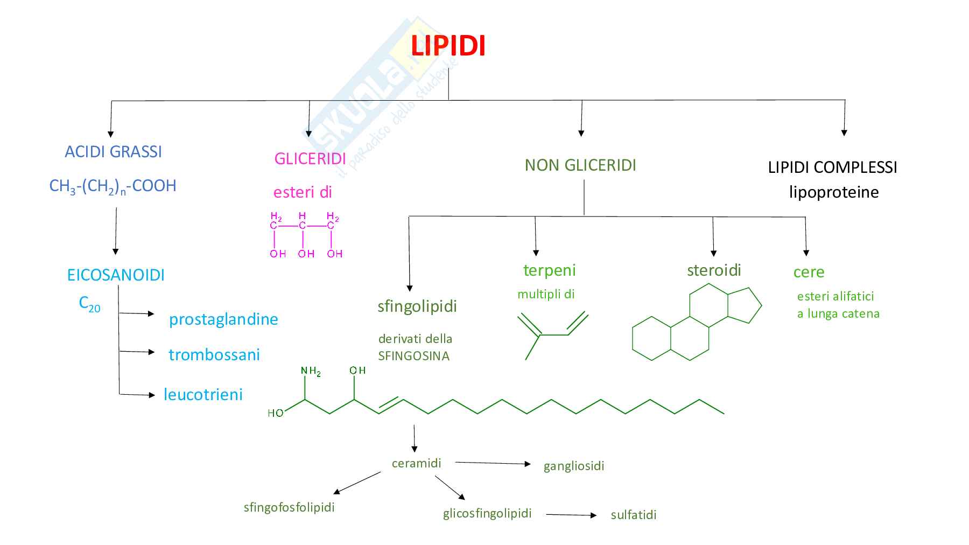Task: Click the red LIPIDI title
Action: [x=448, y=46]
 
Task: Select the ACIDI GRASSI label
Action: [x=113, y=152]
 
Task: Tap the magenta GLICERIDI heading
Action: [x=310, y=158]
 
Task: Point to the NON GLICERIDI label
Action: [x=580, y=165]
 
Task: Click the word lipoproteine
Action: [x=833, y=192]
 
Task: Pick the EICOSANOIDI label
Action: [x=116, y=275]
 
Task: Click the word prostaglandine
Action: [x=223, y=319]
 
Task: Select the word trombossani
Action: [x=214, y=355]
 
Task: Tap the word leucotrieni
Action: [x=203, y=395]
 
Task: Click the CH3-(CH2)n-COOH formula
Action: [x=113, y=186]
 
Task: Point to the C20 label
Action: [x=89, y=304]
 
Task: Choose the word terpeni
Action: [x=549, y=270]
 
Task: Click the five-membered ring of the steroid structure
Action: [x=743, y=305]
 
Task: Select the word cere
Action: [x=809, y=272]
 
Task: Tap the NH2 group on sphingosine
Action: [x=311, y=371]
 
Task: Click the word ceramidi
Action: [x=416, y=463]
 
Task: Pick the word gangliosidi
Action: [x=574, y=466]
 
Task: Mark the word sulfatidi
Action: [x=634, y=515]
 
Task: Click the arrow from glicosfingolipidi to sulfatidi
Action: [x=571, y=515]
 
